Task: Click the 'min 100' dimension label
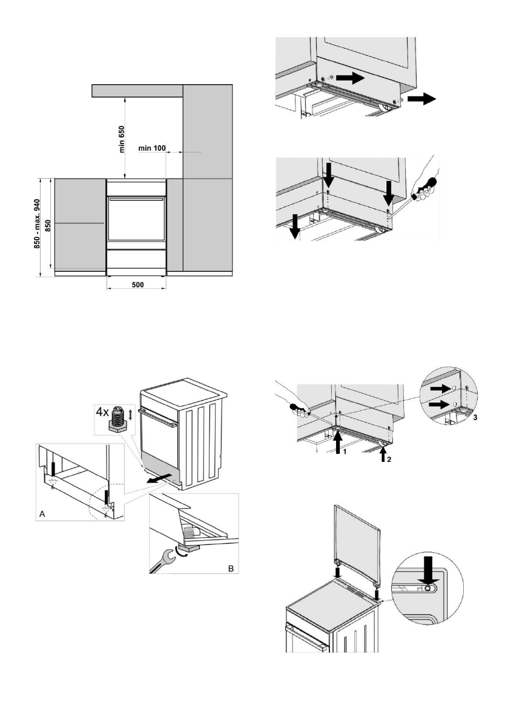pos(152,148)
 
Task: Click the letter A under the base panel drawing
pos(42,513)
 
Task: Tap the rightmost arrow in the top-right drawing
pos(423,99)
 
